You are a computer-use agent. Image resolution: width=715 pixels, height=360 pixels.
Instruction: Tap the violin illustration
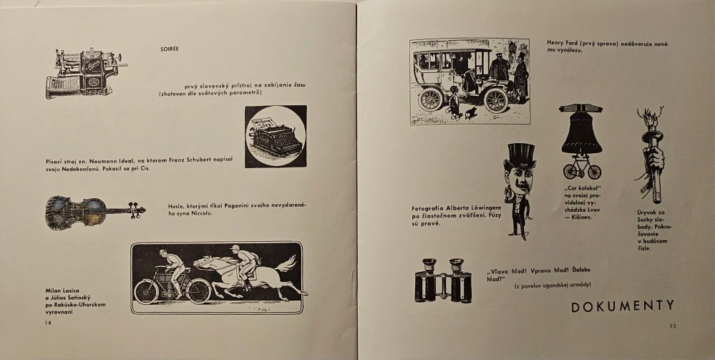point(95,212)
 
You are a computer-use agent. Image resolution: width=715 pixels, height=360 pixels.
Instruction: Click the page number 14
point(49,323)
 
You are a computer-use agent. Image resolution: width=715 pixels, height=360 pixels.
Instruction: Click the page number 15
point(673,326)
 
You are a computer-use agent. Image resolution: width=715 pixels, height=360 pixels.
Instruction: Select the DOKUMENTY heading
point(623,306)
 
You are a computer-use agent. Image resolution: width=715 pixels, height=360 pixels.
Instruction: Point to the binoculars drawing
point(443,280)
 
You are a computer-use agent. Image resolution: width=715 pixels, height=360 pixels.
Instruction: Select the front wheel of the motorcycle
point(199,291)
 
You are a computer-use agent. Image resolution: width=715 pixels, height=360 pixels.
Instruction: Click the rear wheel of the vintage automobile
point(430,99)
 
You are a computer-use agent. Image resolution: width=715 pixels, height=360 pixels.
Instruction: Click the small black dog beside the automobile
point(471,113)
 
